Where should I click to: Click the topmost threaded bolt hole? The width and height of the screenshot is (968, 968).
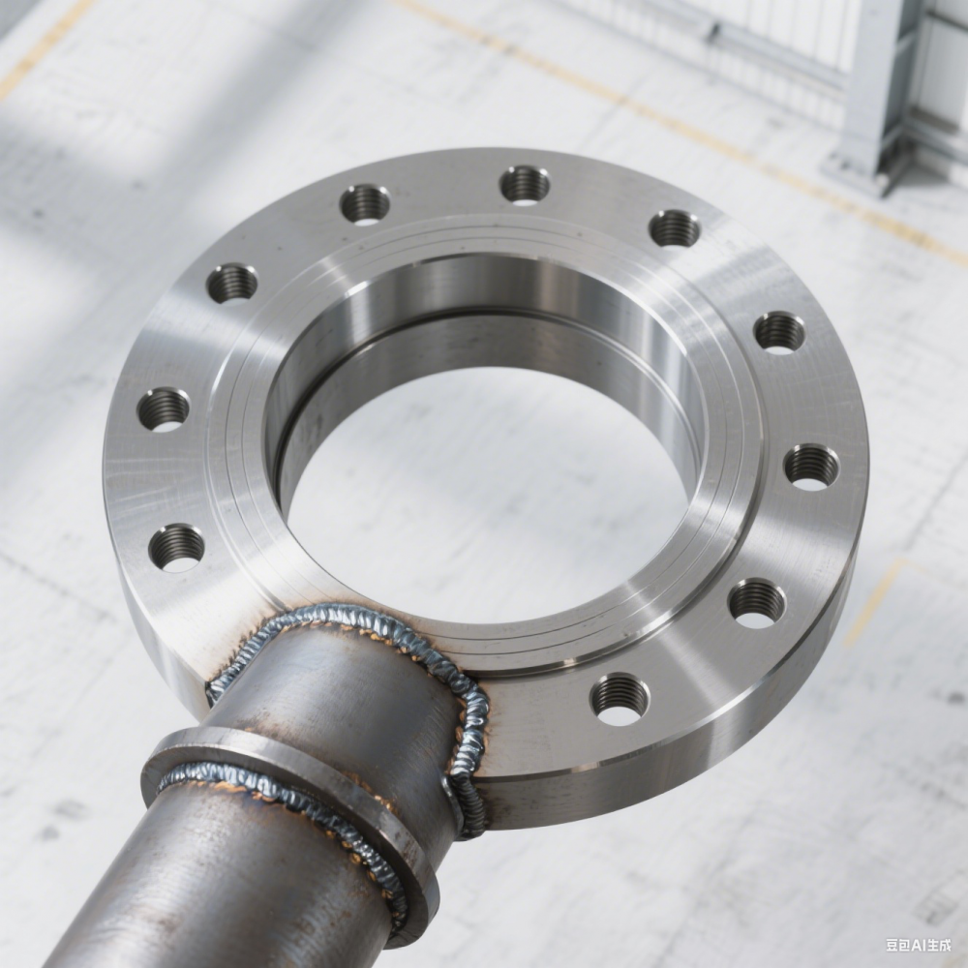tap(525, 185)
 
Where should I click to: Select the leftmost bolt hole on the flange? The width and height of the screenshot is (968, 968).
tap(163, 409)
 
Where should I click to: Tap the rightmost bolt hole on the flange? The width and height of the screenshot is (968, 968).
tap(812, 467)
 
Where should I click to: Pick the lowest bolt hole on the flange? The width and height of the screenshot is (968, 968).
tap(620, 700)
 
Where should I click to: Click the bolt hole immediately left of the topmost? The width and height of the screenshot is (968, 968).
tap(365, 204)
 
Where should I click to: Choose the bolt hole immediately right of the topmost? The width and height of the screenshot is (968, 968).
tap(675, 227)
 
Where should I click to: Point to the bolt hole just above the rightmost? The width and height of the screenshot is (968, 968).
tap(779, 333)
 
